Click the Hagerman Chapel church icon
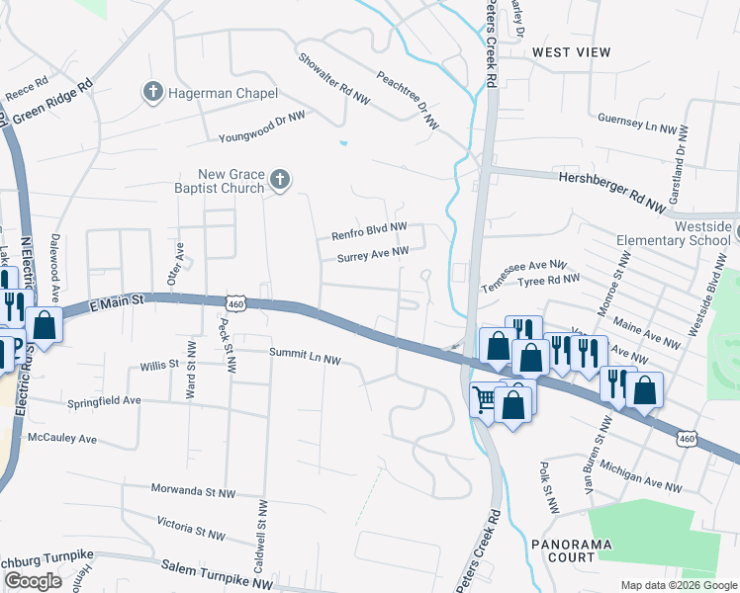(x=153, y=92)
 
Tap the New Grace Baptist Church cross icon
(x=280, y=179)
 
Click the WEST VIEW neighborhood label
(x=572, y=51)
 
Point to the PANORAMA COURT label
(x=571, y=551)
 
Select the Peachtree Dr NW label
(x=408, y=100)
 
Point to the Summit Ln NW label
(x=305, y=357)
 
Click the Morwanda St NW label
(x=194, y=491)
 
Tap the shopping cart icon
(x=485, y=399)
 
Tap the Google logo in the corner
(x=33, y=581)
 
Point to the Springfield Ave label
(x=104, y=402)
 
